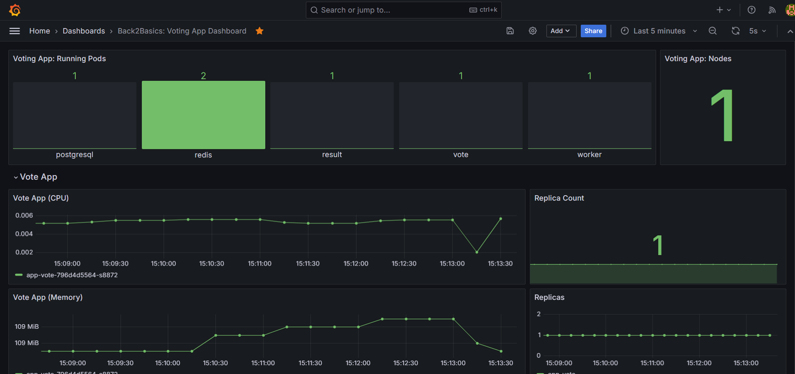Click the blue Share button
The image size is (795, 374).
(x=593, y=31)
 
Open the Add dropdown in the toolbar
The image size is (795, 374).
(x=561, y=31)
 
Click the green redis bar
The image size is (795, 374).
(x=203, y=115)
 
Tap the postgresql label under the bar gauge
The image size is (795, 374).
(x=74, y=155)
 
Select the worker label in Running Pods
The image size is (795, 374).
(x=589, y=155)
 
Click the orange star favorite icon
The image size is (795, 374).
(x=259, y=31)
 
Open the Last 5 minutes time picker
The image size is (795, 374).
(x=659, y=31)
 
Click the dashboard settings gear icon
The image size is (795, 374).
(x=533, y=31)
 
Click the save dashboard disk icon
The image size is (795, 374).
(x=510, y=31)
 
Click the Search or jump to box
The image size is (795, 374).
(x=393, y=10)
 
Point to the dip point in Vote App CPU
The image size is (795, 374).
(x=477, y=252)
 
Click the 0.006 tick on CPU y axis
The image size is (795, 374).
(x=24, y=215)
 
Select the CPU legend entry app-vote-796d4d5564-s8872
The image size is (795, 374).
(x=72, y=275)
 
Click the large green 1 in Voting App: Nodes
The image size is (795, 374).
(x=723, y=116)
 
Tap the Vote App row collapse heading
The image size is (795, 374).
(x=38, y=177)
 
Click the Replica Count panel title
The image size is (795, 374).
(x=559, y=198)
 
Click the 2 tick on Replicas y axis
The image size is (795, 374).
(x=539, y=314)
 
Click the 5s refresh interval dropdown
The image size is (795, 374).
(x=757, y=31)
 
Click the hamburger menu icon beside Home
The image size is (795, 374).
(x=15, y=31)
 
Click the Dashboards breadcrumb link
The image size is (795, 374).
(x=84, y=31)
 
